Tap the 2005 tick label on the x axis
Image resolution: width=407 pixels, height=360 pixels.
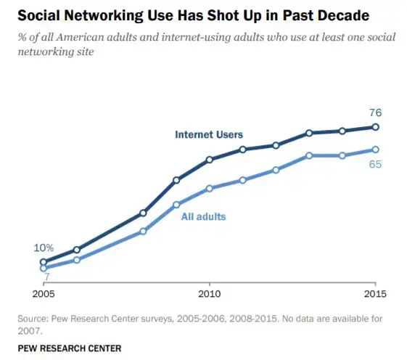[x=43, y=294]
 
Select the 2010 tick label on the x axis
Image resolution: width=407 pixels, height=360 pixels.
[x=209, y=294]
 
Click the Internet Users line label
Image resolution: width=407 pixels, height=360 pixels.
[x=209, y=134]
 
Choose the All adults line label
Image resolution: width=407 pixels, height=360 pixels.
[x=203, y=216]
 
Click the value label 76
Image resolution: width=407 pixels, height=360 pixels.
[x=375, y=112]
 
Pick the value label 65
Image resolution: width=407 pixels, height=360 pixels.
[x=375, y=164]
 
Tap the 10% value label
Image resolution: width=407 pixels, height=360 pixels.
[x=44, y=248]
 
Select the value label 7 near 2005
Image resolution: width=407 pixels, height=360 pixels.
[x=46, y=277]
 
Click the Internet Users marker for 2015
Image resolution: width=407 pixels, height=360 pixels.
[x=375, y=127]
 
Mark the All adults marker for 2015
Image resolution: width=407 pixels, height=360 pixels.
[x=375, y=150]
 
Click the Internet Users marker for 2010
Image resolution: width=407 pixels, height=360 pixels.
[x=209, y=160]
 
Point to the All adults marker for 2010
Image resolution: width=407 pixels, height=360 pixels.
[x=209, y=189]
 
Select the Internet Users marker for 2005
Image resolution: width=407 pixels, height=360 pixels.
[x=44, y=262]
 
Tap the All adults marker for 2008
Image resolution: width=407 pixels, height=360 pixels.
[x=143, y=232]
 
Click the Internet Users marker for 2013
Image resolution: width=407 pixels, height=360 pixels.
[x=309, y=133]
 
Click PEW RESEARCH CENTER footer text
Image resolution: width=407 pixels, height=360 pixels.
[x=69, y=348]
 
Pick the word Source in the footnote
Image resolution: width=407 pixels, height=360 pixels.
[x=32, y=319]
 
